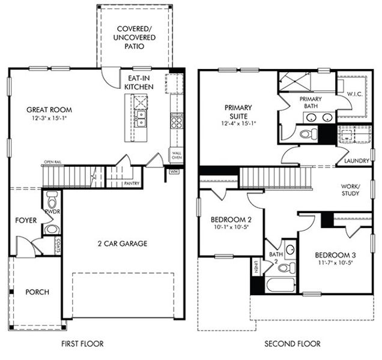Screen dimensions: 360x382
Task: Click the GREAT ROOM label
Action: point(49,110)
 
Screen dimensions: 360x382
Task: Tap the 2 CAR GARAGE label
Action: point(123,244)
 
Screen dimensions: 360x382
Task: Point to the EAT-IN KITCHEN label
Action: point(139,82)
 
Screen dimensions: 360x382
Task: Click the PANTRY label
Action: point(132,184)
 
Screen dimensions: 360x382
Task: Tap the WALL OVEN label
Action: point(177,155)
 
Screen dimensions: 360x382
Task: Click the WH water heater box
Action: point(174,172)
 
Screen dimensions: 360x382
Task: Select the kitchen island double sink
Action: point(141,119)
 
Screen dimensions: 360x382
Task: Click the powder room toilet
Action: point(52,199)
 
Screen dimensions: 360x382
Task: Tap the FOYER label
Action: point(26,221)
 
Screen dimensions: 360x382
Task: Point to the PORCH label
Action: point(37,292)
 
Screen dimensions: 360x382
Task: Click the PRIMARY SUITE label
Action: point(238,112)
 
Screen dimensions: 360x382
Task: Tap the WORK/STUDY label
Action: point(350,190)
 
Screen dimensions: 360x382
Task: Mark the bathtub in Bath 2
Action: point(280,284)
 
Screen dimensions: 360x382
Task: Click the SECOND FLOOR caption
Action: point(293,344)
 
